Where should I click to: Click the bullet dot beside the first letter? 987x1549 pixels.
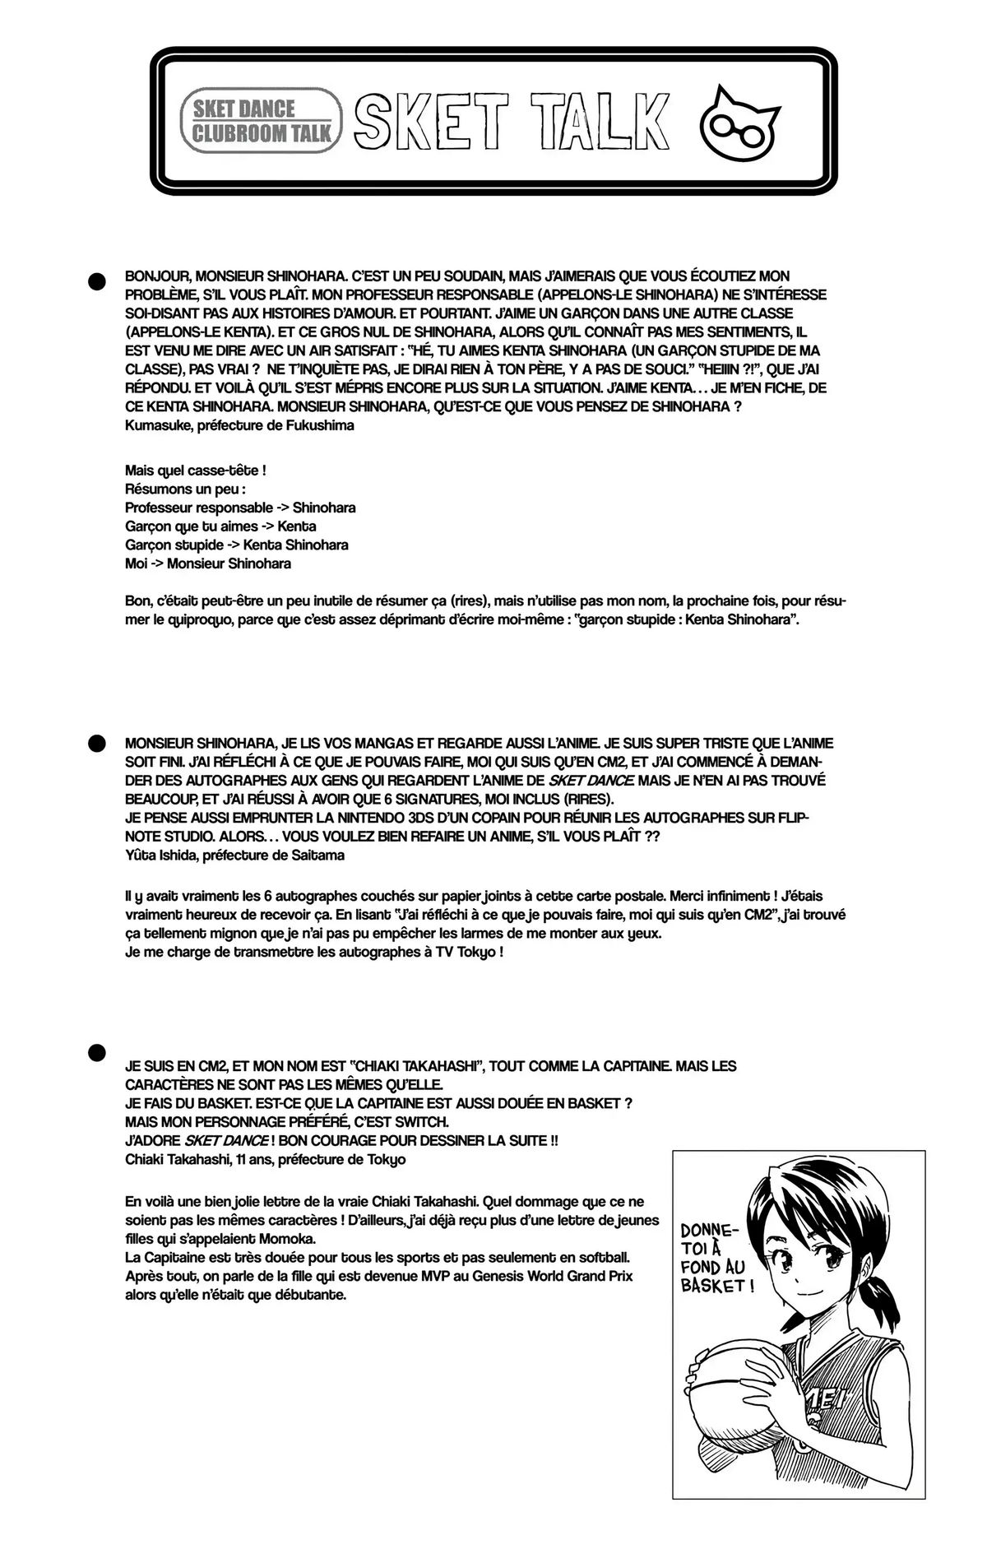click(x=97, y=281)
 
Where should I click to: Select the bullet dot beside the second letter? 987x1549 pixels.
click(x=97, y=743)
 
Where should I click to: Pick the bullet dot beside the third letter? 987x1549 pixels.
click(x=97, y=1051)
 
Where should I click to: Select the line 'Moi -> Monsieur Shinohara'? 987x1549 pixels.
click(x=208, y=563)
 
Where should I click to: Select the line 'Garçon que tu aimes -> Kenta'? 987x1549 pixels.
click(x=220, y=526)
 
